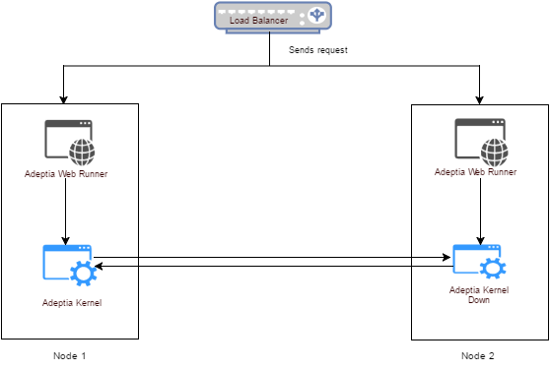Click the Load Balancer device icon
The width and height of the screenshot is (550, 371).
pos(273,18)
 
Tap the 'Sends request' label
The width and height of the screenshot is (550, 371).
pos(318,50)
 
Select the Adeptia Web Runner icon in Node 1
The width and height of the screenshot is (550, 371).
pos(70,143)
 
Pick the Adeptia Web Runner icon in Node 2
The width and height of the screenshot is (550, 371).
pos(481,143)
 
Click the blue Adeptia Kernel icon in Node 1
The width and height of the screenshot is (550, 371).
pos(70,265)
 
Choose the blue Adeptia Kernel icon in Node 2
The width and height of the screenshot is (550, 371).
pos(479,262)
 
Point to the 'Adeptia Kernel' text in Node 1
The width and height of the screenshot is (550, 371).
pos(72,303)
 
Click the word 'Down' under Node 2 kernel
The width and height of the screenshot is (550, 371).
pos(479,300)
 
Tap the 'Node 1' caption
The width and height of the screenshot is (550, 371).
pos(69,356)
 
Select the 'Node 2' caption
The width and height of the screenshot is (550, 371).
pos(478,356)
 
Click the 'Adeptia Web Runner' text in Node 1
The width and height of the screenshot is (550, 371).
pos(66,174)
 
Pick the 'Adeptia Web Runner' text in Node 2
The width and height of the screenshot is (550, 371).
pos(476,172)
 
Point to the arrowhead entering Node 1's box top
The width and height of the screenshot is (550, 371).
pos(63,99)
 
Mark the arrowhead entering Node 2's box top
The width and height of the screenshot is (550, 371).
pos(479,100)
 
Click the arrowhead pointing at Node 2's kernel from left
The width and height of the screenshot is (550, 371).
pos(447,258)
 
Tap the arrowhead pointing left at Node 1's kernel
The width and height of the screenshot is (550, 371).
pos(99,267)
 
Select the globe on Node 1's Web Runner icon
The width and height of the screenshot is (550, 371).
pos(82,153)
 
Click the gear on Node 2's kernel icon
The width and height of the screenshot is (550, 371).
pos(493,269)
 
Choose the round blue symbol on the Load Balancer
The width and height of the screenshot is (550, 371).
pos(316,15)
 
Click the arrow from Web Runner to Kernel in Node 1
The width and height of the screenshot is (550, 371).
pos(66,212)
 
